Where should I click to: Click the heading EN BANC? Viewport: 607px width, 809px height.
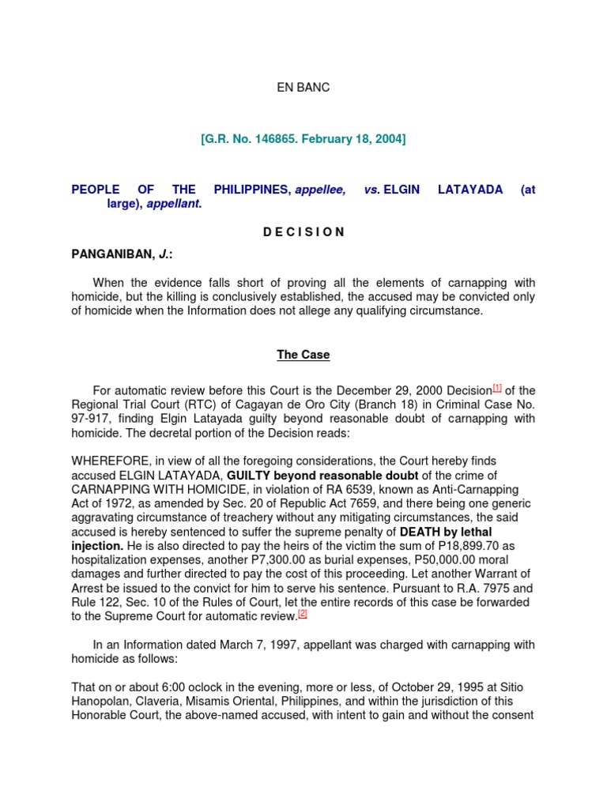point(303,88)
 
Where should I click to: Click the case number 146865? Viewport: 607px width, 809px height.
point(266,139)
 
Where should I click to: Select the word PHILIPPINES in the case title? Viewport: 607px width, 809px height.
point(252,190)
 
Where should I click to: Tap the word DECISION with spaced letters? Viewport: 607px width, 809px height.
point(303,231)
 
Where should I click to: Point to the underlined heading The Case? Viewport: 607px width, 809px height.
point(303,355)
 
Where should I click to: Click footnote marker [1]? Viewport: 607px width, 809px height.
point(497,388)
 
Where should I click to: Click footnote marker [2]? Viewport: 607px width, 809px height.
point(302,612)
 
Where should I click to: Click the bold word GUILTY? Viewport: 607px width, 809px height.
point(251,474)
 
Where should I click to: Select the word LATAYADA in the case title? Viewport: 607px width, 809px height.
point(470,190)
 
